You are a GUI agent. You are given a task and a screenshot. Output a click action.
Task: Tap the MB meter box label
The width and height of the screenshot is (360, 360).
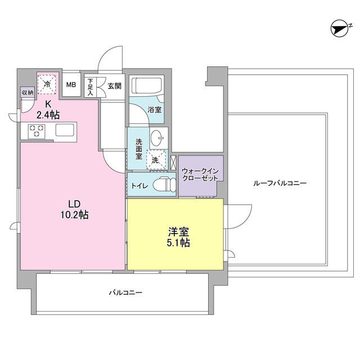tap(71, 85)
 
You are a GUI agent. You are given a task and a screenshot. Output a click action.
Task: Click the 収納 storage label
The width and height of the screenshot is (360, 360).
tap(27, 93)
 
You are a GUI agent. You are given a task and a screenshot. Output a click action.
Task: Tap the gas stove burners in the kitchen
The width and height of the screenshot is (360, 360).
tap(37, 131)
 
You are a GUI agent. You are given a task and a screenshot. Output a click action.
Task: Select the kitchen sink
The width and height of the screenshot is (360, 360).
tap(64, 131)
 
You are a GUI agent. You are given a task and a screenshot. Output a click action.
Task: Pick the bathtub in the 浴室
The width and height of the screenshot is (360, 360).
tap(147, 87)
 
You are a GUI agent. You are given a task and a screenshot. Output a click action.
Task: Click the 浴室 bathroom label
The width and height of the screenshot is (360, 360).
tap(155, 110)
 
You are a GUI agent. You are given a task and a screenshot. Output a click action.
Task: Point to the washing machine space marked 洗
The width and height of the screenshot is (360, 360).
tap(155, 160)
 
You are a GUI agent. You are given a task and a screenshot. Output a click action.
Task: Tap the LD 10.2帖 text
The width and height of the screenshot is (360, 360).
tap(75, 209)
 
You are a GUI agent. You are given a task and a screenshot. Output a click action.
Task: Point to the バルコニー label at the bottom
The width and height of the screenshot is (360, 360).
tap(126, 293)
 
